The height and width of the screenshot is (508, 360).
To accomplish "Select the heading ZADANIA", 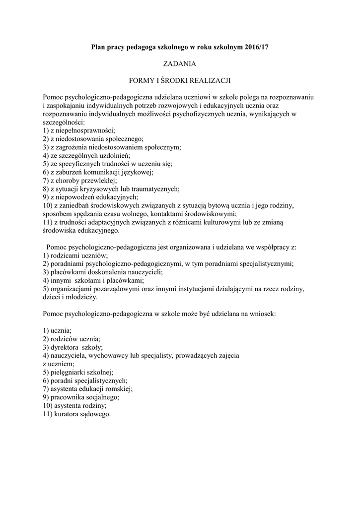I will (x=180, y=63).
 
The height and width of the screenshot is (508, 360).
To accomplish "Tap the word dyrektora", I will (x=67, y=347).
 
